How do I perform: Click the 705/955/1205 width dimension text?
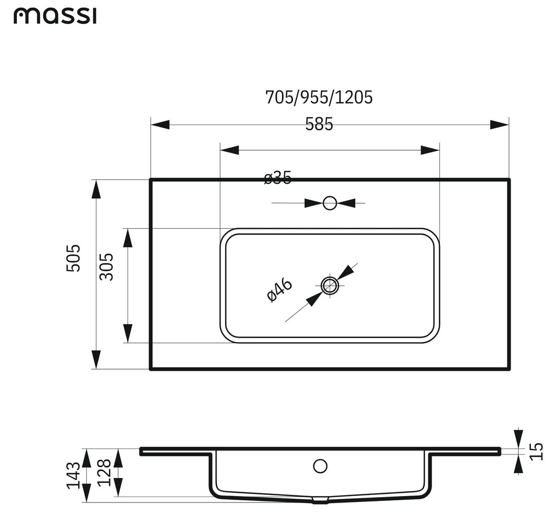pos(319,98)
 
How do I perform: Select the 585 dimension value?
pos(319,124)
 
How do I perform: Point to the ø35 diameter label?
pos(278,177)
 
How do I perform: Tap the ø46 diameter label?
pos(280,290)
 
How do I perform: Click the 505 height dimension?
pos(74,258)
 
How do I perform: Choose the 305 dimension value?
pos(107,267)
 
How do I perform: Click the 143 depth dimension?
pos(74,475)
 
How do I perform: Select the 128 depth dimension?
pos(104,472)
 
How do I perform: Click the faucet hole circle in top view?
pos(330,203)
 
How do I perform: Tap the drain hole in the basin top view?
pos(330,285)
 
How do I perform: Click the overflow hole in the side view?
pos(320,465)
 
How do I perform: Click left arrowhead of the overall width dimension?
pos(160,125)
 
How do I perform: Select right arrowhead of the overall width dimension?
pos(499,125)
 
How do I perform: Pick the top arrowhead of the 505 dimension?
pos(96,190)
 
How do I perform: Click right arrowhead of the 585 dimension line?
pos(429,150)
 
